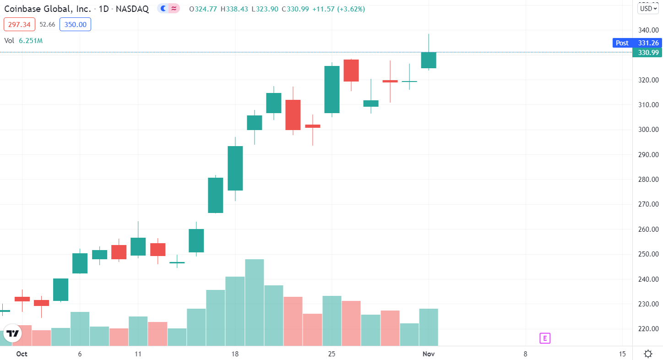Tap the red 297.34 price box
coord(19,24)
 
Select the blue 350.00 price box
coord(75,24)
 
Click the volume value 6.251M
coord(31,40)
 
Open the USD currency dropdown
coord(648,8)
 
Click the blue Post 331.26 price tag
coord(637,43)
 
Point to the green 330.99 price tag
coord(648,52)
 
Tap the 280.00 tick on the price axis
coord(648,179)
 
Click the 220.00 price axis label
coord(648,328)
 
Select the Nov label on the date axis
coord(429,354)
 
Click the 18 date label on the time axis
coord(235,354)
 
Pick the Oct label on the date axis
coord(22,354)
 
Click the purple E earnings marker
coord(544,338)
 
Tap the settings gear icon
coord(648,354)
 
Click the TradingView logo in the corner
coord(13,333)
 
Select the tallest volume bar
coord(254,302)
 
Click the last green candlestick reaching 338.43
coord(429,60)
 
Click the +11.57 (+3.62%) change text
coord(338,9)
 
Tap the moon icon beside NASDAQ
coord(163,8)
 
